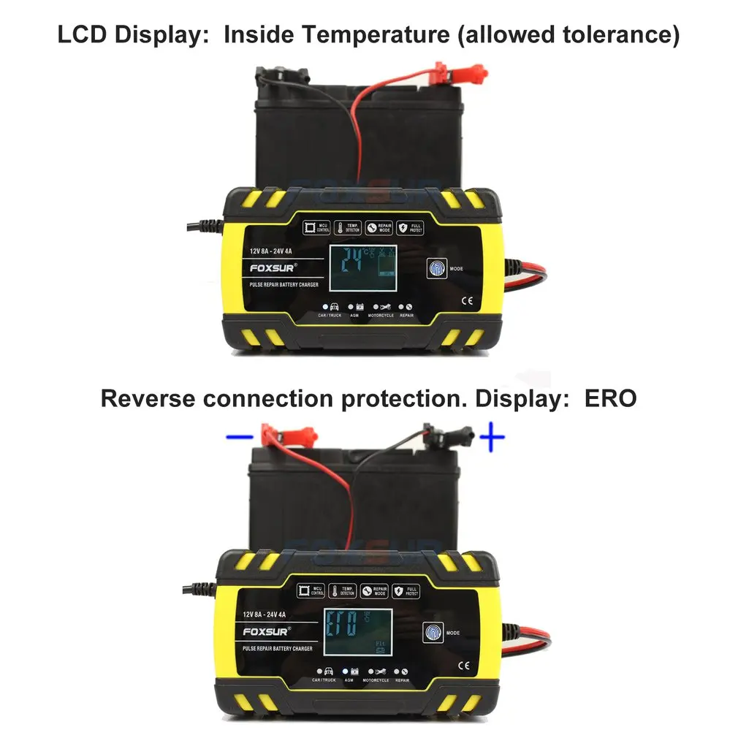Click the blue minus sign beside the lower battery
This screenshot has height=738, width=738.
[238, 438]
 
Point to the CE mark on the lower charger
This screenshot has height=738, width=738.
[463, 665]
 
